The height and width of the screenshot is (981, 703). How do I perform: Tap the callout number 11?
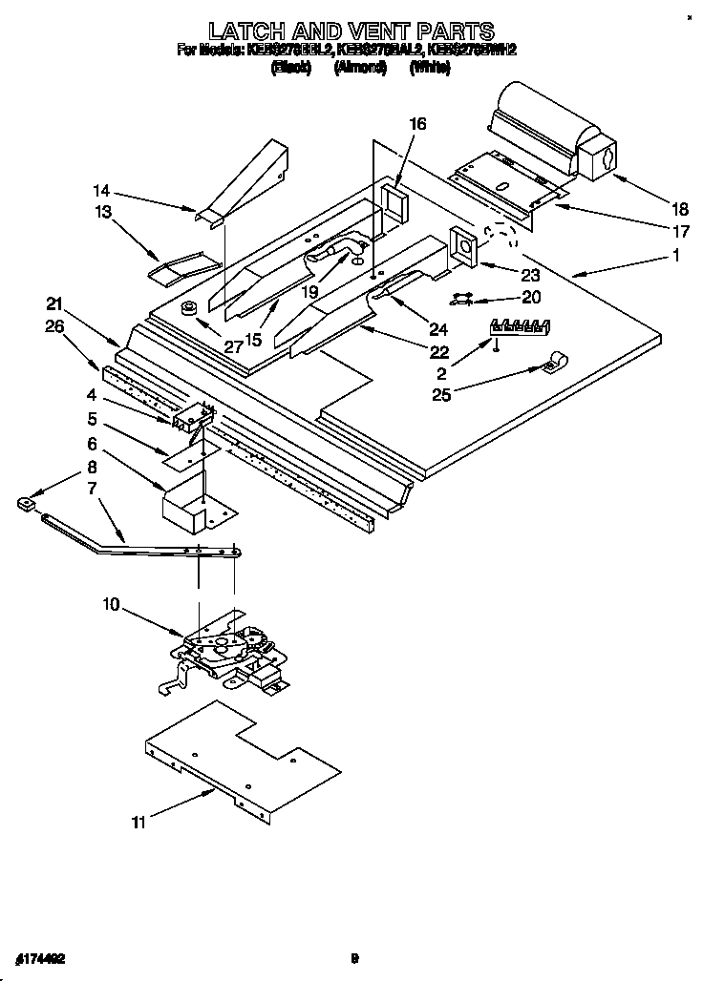pyautogui.click(x=138, y=822)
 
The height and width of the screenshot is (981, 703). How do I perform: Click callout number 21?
pyautogui.click(x=55, y=304)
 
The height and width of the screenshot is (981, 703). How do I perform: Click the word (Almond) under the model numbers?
pyautogui.click(x=359, y=69)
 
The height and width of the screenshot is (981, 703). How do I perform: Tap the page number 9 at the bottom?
pyautogui.click(x=354, y=958)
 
